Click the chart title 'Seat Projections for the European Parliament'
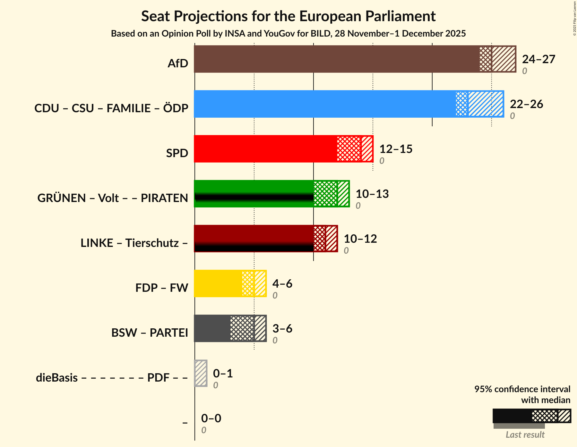288,16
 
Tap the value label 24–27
538,59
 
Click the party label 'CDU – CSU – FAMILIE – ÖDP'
111,108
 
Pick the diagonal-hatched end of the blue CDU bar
485,104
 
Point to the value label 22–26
526,104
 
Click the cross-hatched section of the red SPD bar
349,149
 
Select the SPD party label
177,153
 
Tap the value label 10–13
372,194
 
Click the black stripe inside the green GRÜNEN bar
254,197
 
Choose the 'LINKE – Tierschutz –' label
134,243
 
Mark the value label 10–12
360,239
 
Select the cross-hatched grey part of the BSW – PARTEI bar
242,328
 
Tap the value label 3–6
282,329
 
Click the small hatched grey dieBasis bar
201,373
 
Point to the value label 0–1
223,374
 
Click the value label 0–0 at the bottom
211,418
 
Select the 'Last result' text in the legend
525,435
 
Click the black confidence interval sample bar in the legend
512,416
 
